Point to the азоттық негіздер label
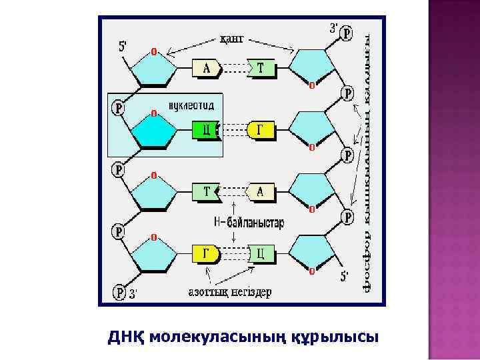[x=230, y=292]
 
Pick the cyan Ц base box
[x=261, y=253]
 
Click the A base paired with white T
[x=261, y=192]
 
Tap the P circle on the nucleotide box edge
[x=119, y=107]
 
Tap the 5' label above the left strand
[x=124, y=47]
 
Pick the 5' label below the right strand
[x=345, y=275]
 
